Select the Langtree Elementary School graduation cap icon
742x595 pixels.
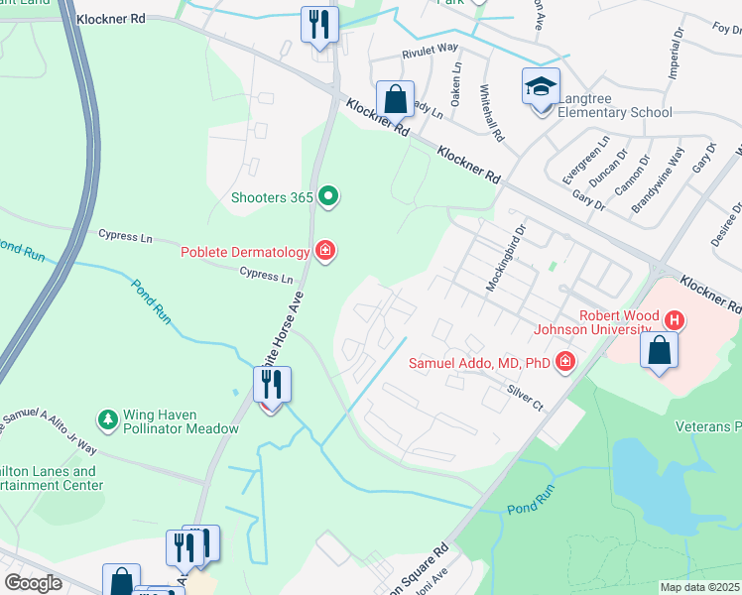click(542, 88)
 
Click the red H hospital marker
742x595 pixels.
click(675, 319)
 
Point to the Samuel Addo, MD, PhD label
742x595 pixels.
click(479, 363)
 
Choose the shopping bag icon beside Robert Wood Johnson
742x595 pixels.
click(660, 351)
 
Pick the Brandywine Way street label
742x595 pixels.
click(660, 179)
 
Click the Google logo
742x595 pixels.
click(33, 583)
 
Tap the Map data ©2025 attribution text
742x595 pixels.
click(700, 587)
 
